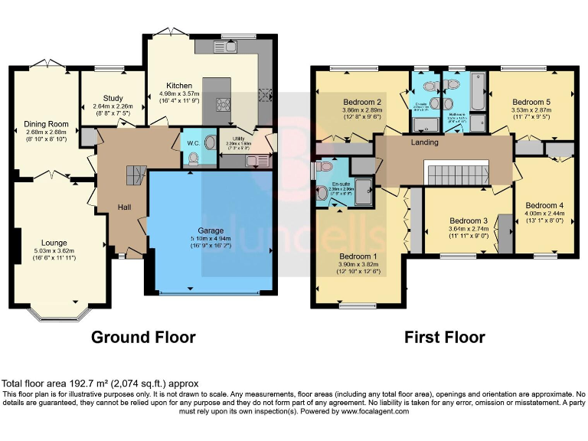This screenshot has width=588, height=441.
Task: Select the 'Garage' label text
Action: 211,230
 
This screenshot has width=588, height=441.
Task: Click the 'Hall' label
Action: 124,207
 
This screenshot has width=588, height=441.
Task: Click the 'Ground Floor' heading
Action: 143,337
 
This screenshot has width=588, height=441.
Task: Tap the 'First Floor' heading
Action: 444,337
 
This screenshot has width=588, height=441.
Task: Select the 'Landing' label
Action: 425,142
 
